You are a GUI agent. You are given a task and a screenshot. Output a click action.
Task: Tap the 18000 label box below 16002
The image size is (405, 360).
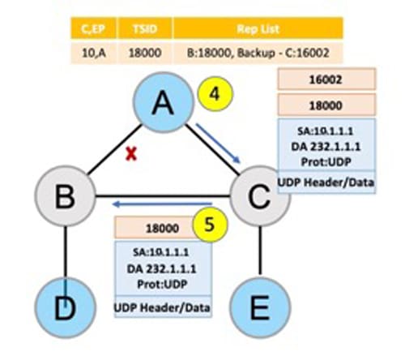[x=328, y=105]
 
